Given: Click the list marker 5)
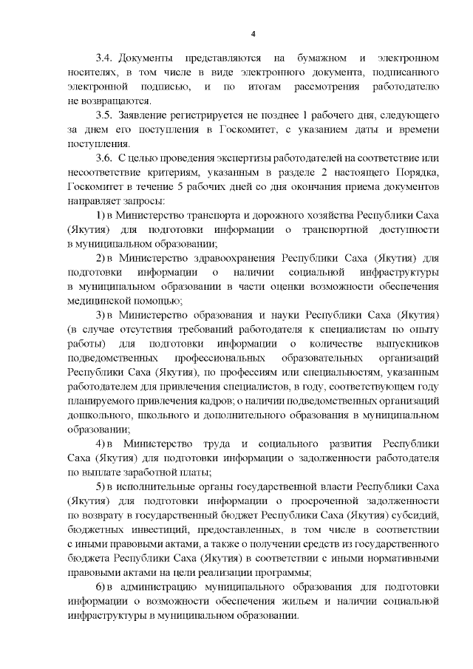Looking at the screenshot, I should pyautogui.click(x=101, y=489).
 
